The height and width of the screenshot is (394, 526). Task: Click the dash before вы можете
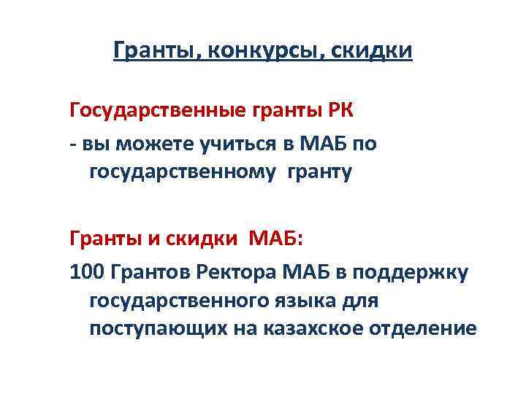coord(73,144)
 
